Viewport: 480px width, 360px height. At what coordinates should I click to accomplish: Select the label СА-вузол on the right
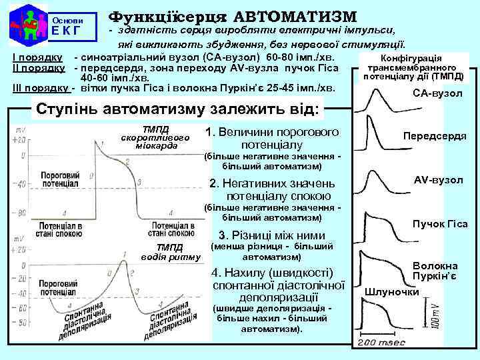point(438,93)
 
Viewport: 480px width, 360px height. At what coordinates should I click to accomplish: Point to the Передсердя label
point(434,136)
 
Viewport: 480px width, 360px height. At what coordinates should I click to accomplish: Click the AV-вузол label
point(438,180)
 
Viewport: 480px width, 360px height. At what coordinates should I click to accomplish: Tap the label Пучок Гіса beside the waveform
point(440,224)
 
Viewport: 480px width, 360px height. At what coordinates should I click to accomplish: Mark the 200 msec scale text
point(381,342)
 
